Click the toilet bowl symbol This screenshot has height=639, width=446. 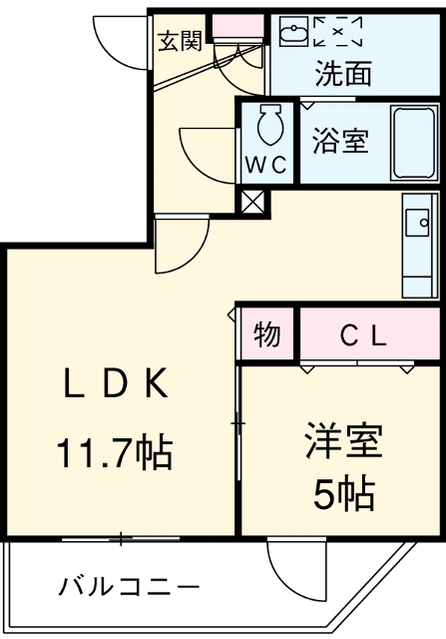268,125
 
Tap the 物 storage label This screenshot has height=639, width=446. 266,335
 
